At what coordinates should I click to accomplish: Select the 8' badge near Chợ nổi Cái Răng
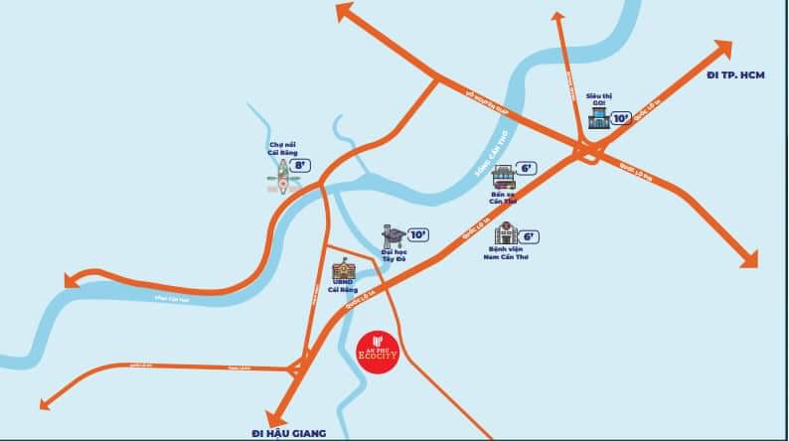(x=300, y=165)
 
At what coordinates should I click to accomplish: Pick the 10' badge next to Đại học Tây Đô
(x=417, y=234)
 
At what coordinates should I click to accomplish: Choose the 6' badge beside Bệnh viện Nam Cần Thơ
(x=529, y=236)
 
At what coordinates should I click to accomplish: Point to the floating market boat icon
(x=282, y=182)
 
